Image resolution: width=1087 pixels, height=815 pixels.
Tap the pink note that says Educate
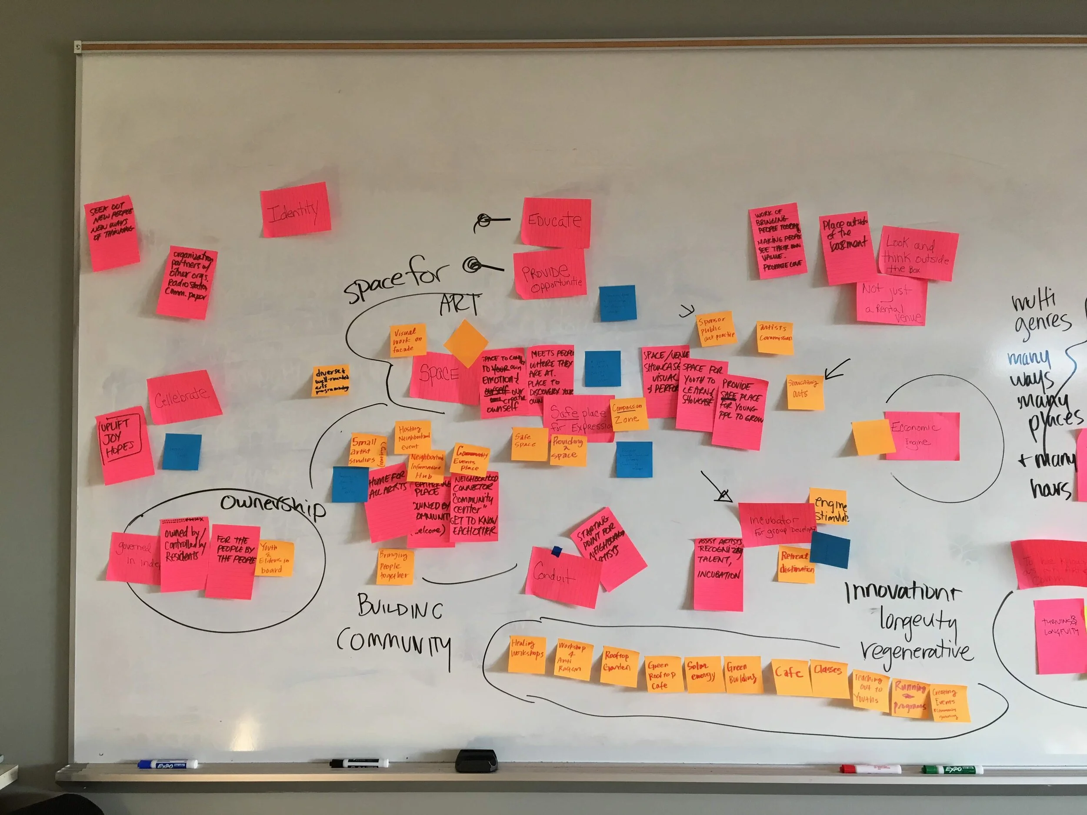coord(556,222)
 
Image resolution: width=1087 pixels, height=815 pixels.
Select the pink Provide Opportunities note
coord(550,274)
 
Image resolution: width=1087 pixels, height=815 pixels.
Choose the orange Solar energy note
coord(703,674)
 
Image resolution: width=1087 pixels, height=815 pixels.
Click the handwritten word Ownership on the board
coord(273,505)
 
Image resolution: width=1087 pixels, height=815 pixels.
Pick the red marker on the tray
coord(870,768)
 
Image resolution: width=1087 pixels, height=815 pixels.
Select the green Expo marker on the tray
coord(951,769)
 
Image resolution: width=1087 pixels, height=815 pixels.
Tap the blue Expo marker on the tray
coord(167,764)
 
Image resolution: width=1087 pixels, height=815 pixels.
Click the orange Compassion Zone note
coord(627,414)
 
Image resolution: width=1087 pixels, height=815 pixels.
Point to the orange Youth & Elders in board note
coord(274,558)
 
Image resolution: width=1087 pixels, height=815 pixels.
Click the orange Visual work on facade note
coord(407,340)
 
